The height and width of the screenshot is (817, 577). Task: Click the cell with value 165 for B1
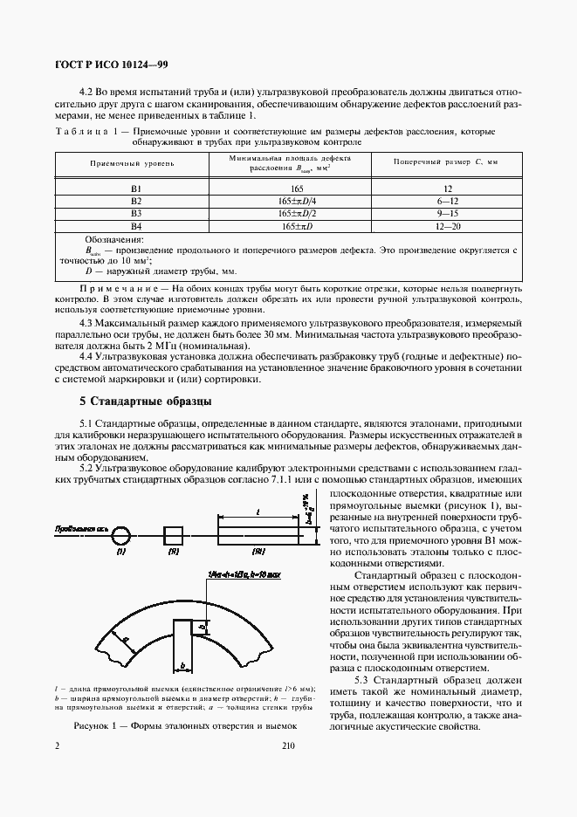pos(292,189)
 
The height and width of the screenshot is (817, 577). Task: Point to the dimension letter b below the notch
pos(182,665)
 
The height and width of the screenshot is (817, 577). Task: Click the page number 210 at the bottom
pos(289,746)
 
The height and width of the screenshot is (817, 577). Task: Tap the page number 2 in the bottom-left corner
pos(57,746)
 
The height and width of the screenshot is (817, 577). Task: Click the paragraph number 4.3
pos(86,323)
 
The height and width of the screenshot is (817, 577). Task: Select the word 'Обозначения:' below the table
pos(114,238)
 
